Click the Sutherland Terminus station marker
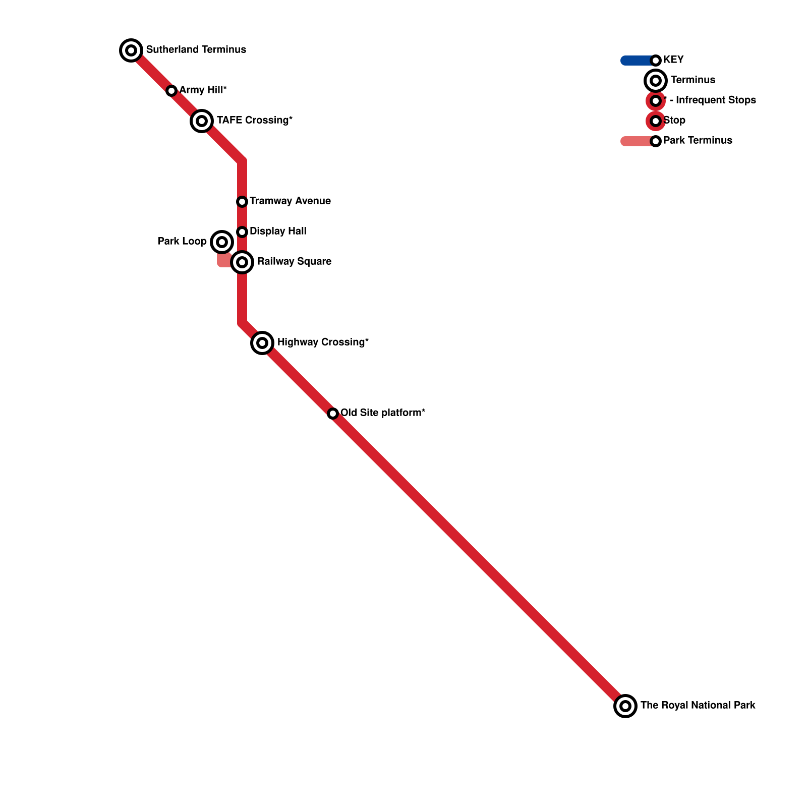(131, 50)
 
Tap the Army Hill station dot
(171, 91)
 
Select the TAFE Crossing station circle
(202, 121)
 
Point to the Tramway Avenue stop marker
(242, 202)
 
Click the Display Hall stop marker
(242, 232)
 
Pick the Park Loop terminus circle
(222, 242)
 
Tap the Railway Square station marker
(242, 262)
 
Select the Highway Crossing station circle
(262, 343)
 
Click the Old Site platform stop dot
(333, 414)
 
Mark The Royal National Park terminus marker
(625, 706)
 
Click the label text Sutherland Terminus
(196, 49)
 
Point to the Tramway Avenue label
(290, 201)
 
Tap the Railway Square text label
(294, 261)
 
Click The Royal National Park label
(698, 705)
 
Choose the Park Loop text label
(182, 241)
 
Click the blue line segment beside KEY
(636, 61)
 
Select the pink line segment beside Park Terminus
(636, 141)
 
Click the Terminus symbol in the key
(656, 81)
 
